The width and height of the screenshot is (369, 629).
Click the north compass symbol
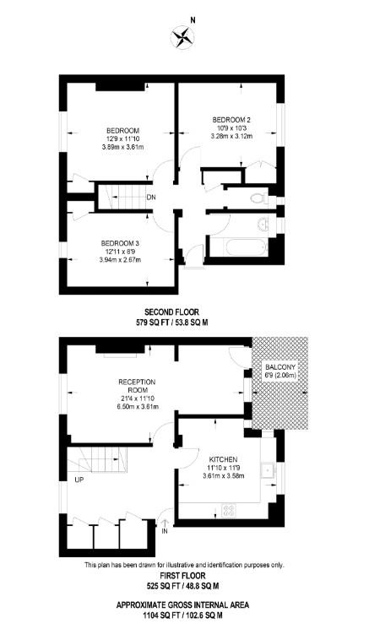coord(182,37)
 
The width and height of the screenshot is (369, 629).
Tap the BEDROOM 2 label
coord(231,119)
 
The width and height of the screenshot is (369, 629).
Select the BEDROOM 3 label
coord(120,243)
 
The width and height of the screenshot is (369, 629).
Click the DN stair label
coord(150,198)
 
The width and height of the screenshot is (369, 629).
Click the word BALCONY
coord(279,367)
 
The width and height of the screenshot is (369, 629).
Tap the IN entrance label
coord(166,531)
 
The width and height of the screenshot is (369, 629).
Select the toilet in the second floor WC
coord(261,198)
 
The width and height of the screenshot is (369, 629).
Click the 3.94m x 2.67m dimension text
coord(120,260)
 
